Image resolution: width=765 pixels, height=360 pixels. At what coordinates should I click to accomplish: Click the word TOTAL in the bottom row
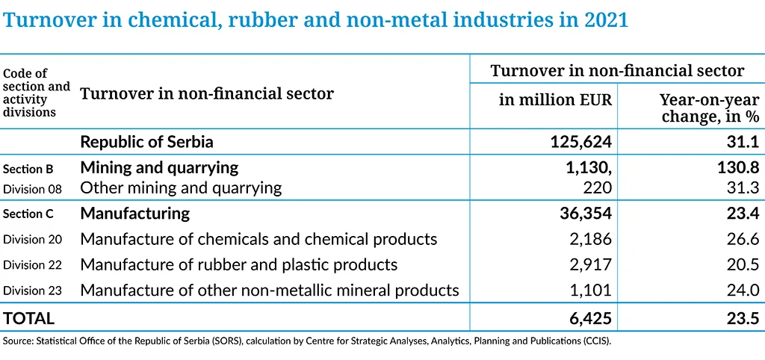pos(29,318)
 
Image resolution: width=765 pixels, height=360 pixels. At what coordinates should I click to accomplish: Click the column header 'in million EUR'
pos(555,100)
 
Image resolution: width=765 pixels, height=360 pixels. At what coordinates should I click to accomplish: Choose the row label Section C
pos(28,214)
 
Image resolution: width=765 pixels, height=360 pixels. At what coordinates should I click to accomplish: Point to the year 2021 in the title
pos(602,19)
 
